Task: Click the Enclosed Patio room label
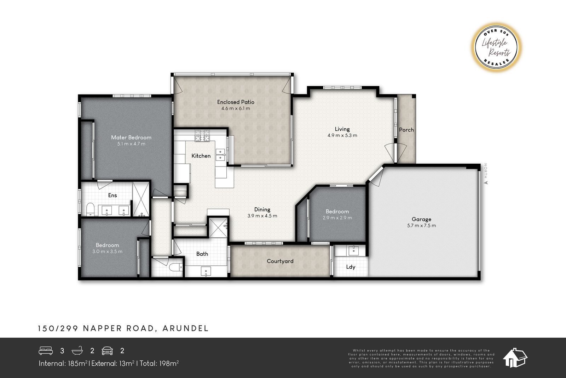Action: pos(236,102)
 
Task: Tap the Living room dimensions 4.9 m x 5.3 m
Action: pos(342,135)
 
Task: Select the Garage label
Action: pos(421,219)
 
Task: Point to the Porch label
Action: pos(406,130)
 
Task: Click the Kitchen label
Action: pos(201,156)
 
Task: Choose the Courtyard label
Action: pos(280,261)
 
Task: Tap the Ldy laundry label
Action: pos(351,267)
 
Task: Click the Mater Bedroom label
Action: pos(131,137)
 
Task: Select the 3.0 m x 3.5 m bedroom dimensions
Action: pos(108,252)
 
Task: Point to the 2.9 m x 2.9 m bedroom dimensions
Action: pos(337,218)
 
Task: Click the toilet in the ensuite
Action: pos(90,209)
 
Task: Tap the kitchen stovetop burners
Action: pos(202,135)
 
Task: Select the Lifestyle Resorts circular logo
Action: pos(496,47)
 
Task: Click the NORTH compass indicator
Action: pos(485,174)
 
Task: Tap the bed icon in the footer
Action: pos(46,350)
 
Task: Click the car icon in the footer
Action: pos(107,351)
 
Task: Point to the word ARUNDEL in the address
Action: pos(186,328)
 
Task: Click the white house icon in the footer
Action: pos(515,358)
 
